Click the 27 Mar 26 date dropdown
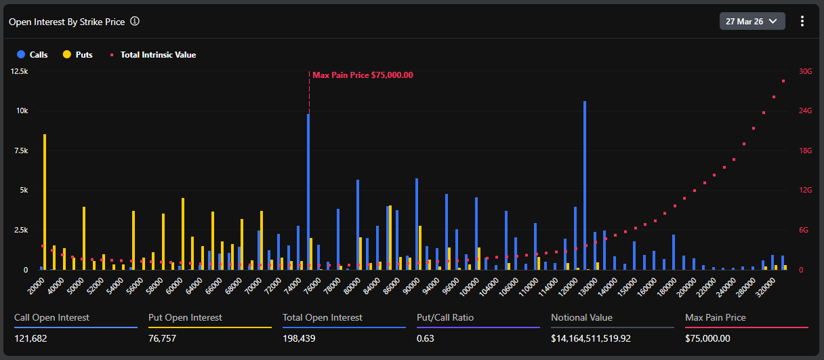(751, 21)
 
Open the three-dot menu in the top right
(802, 21)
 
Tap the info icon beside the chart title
(135, 21)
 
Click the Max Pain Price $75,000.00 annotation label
(363, 75)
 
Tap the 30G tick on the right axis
(805, 71)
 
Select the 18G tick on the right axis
(805, 151)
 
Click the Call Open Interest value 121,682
(31, 338)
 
